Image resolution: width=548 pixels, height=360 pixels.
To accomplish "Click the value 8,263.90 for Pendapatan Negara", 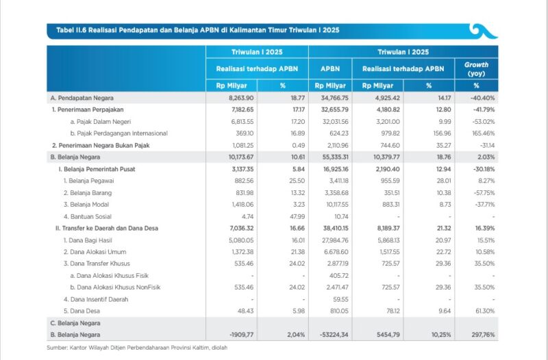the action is point(241,98).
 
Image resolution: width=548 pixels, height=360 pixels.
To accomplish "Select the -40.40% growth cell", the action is point(482,98).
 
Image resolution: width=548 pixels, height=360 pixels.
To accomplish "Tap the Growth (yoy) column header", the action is point(476,69).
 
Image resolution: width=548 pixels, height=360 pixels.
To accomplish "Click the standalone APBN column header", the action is point(330,69).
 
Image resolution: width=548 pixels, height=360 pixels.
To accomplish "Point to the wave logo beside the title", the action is point(484,31).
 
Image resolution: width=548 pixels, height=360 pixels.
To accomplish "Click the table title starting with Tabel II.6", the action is point(198,30).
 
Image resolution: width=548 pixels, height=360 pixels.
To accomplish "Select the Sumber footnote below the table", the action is point(137,348).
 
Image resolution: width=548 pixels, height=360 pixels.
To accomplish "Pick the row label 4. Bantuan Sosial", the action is point(88,216).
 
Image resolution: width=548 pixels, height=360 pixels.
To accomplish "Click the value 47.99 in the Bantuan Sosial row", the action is point(297,216).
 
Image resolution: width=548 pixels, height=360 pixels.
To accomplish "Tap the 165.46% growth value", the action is point(484,133).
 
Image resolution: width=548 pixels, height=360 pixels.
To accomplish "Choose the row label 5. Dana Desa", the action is point(82,311).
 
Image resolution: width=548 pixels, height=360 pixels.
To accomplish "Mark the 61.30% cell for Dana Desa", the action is point(485,311).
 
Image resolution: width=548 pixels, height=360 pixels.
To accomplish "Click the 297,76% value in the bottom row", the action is point(483,335).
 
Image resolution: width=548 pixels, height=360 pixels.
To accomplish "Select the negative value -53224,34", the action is point(334,335).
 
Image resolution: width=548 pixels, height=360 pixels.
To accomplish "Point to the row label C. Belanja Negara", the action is point(75,323).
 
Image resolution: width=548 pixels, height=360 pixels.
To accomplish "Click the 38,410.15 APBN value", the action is point(336,229).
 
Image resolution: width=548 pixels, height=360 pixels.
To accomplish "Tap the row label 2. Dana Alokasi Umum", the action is point(95,252).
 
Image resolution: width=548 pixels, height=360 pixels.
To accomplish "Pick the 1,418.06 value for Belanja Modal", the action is point(242,205).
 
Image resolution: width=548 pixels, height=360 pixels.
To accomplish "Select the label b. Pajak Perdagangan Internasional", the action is point(119,133).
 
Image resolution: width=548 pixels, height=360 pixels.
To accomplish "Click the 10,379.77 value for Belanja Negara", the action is point(386,157).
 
